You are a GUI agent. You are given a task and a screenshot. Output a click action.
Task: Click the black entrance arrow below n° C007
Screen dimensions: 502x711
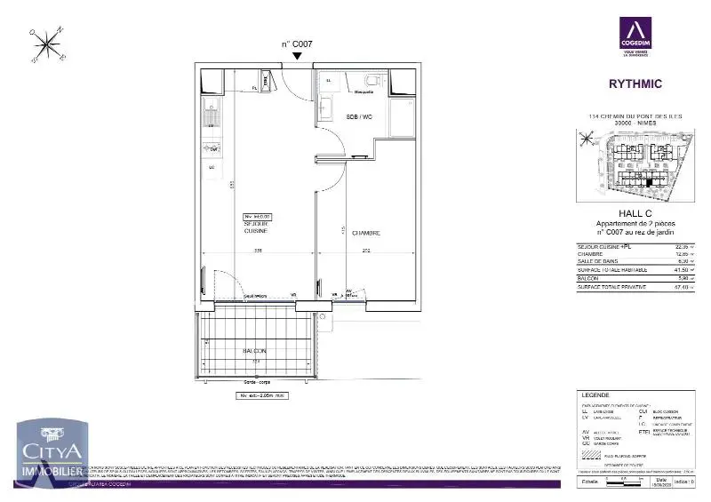[x=297, y=56]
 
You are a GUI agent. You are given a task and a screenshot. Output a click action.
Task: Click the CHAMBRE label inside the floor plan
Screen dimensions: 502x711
[x=365, y=234]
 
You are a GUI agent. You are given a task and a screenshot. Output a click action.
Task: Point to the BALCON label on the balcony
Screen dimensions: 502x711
[x=255, y=351]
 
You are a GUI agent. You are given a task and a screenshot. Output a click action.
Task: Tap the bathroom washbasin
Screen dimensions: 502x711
[x=325, y=108]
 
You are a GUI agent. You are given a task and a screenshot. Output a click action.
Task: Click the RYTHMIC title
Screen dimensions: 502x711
[x=635, y=85]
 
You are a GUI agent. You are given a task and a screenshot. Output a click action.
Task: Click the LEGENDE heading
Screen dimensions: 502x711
[x=595, y=394]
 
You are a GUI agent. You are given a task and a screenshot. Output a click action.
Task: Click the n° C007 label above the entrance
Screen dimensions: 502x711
[x=297, y=44]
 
